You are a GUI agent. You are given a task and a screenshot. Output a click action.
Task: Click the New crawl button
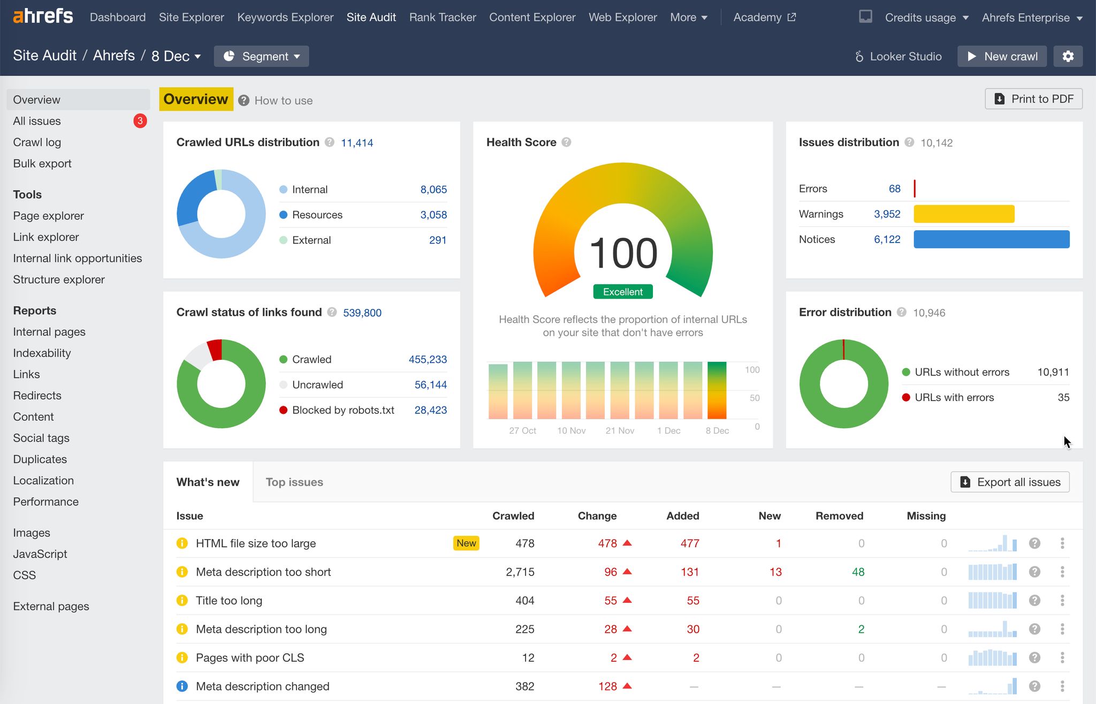click(x=1002, y=56)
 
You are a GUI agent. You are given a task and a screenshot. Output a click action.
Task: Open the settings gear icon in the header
click(x=1068, y=56)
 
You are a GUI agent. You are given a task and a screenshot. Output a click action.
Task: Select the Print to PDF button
click(x=1033, y=99)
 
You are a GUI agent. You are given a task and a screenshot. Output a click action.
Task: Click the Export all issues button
click(x=1010, y=482)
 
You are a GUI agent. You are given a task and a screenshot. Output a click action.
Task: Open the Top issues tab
click(x=294, y=482)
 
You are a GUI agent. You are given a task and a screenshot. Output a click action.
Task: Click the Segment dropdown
click(x=261, y=56)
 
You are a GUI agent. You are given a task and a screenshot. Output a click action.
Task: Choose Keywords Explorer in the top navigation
click(x=285, y=17)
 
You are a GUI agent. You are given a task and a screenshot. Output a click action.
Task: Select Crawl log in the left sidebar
click(x=37, y=142)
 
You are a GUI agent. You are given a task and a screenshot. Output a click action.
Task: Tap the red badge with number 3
click(x=140, y=121)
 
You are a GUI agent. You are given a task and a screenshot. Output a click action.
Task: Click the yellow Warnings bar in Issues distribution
click(x=963, y=214)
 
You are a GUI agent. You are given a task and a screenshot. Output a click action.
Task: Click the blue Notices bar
click(x=991, y=239)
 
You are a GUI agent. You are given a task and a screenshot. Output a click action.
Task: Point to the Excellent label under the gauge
click(x=622, y=292)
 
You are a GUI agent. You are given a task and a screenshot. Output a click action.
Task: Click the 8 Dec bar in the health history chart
click(x=717, y=390)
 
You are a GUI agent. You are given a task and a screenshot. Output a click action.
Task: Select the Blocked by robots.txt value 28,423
click(x=430, y=410)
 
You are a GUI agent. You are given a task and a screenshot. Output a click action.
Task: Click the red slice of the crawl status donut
click(x=215, y=349)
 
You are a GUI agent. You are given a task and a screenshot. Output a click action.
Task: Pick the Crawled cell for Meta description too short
click(x=520, y=572)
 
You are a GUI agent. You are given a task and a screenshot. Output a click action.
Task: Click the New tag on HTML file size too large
click(x=466, y=543)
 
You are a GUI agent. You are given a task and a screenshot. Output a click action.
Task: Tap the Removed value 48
click(x=858, y=572)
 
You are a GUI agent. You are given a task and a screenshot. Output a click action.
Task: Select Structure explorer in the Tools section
click(x=59, y=279)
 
